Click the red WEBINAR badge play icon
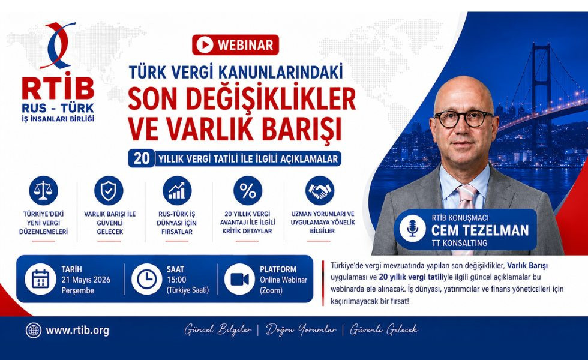tap(205, 45)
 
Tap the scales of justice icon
tap(43, 190)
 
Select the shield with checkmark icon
tap(109, 190)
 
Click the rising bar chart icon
tap(177, 190)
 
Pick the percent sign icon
tap(248, 190)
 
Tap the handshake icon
tap(320, 190)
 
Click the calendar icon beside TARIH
tap(41, 279)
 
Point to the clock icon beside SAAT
tap(146, 279)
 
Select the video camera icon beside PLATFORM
tap(239, 279)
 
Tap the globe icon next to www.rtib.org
tap(34, 331)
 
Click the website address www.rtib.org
tap(77, 331)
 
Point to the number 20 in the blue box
tap(142, 158)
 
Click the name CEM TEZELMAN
tap(480, 230)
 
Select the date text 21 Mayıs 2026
tap(86, 280)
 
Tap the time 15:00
tap(176, 280)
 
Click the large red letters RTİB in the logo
tap(58, 88)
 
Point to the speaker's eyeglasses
tap(464, 119)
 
